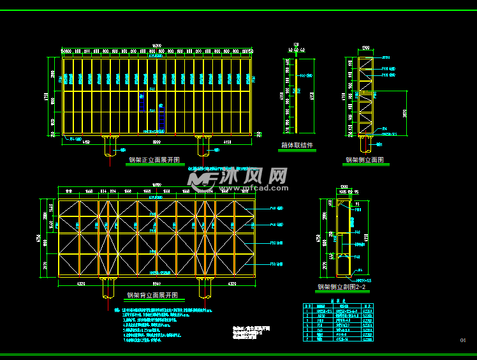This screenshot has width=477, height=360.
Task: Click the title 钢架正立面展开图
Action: pyautogui.click(x=154, y=160)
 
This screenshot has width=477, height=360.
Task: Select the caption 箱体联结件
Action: pyautogui.click(x=297, y=146)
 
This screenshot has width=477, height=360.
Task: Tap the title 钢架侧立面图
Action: pyautogui.click(x=365, y=160)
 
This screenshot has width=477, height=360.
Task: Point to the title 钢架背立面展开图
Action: pyautogui.click(x=152, y=296)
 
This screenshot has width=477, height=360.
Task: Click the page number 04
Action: pyautogui.click(x=463, y=340)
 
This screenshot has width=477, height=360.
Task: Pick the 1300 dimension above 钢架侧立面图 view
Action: pyautogui.click(x=366, y=49)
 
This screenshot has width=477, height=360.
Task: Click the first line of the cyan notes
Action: pyautogui.click(x=166, y=310)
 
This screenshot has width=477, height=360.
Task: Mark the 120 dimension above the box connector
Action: pyautogui.click(x=295, y=45)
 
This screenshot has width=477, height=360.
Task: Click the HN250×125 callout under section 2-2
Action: pyautogui.click(x=363, y=280)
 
